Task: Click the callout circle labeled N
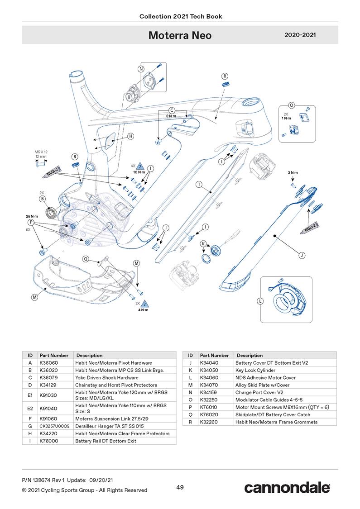tap(141, 69)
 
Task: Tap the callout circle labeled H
tap(130, 136)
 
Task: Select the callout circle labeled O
tap(292, 105)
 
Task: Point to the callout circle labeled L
tap(260, 301)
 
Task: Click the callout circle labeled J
tap(302, 256)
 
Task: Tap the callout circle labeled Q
tap(86, 259)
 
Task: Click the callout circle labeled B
tap(42, 198)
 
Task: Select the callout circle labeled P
tap(31, 223)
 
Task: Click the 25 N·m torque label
tap(31, 216)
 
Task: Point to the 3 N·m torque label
tap(293, 173)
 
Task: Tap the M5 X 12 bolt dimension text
tap(41, 152)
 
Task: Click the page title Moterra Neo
tap(180, 35)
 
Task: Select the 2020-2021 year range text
tap(300, 35)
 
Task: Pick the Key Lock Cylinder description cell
tap(255, 370)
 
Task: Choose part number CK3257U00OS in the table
tap(54, 426)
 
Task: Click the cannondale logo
tap(287, 488)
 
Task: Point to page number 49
tap(180, 487)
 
